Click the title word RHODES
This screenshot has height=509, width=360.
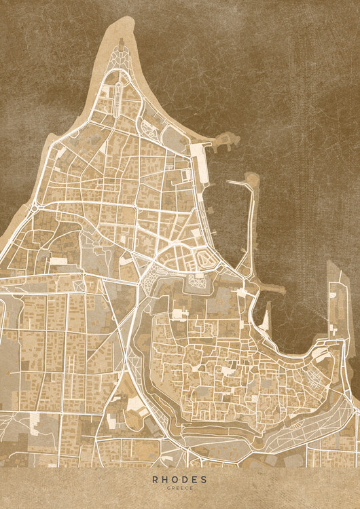click(x=180, y=478)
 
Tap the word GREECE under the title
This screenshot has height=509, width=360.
click(x=180, y=487)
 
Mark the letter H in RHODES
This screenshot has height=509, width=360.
click(x=164, y=478)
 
